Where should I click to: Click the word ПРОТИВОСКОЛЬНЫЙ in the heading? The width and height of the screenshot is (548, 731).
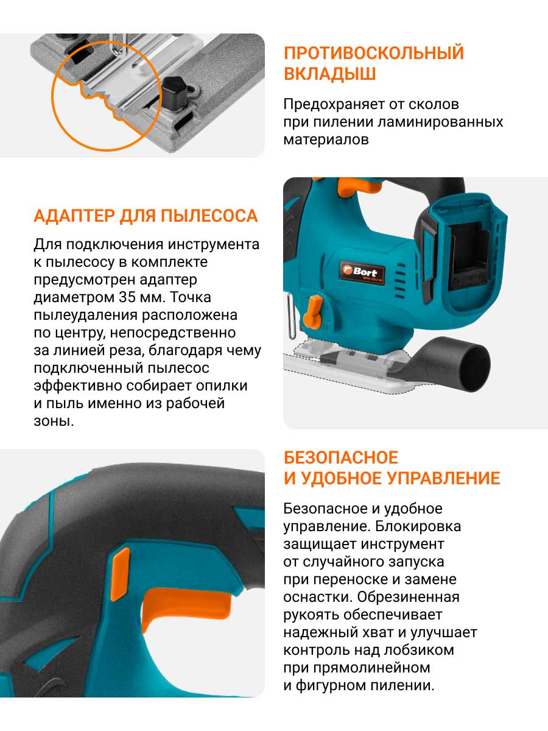pyautogui.click(x=374, y=53)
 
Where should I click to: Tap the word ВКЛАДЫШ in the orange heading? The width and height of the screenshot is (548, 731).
pyautogui.click(x=330, y=74)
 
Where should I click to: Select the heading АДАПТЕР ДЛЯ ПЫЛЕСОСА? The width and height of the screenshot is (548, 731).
pyautogui.click(x=146, y=216)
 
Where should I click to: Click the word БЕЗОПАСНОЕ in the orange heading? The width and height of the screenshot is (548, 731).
pyautogui.click(x=341, y=457)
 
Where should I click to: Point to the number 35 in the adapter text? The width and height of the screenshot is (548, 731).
pyautogui.click(x=127, y=297)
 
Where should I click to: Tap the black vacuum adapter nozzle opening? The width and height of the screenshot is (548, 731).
pyautogui.click(x=476, y=368)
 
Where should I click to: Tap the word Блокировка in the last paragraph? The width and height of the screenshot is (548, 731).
pyautogui.click(x=418, y=526)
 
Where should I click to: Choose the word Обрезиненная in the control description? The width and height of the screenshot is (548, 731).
pyautogui.click(x=408, y=597)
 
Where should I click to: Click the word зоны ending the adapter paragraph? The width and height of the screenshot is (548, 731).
pyautogui.click(x=54, y=422)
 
